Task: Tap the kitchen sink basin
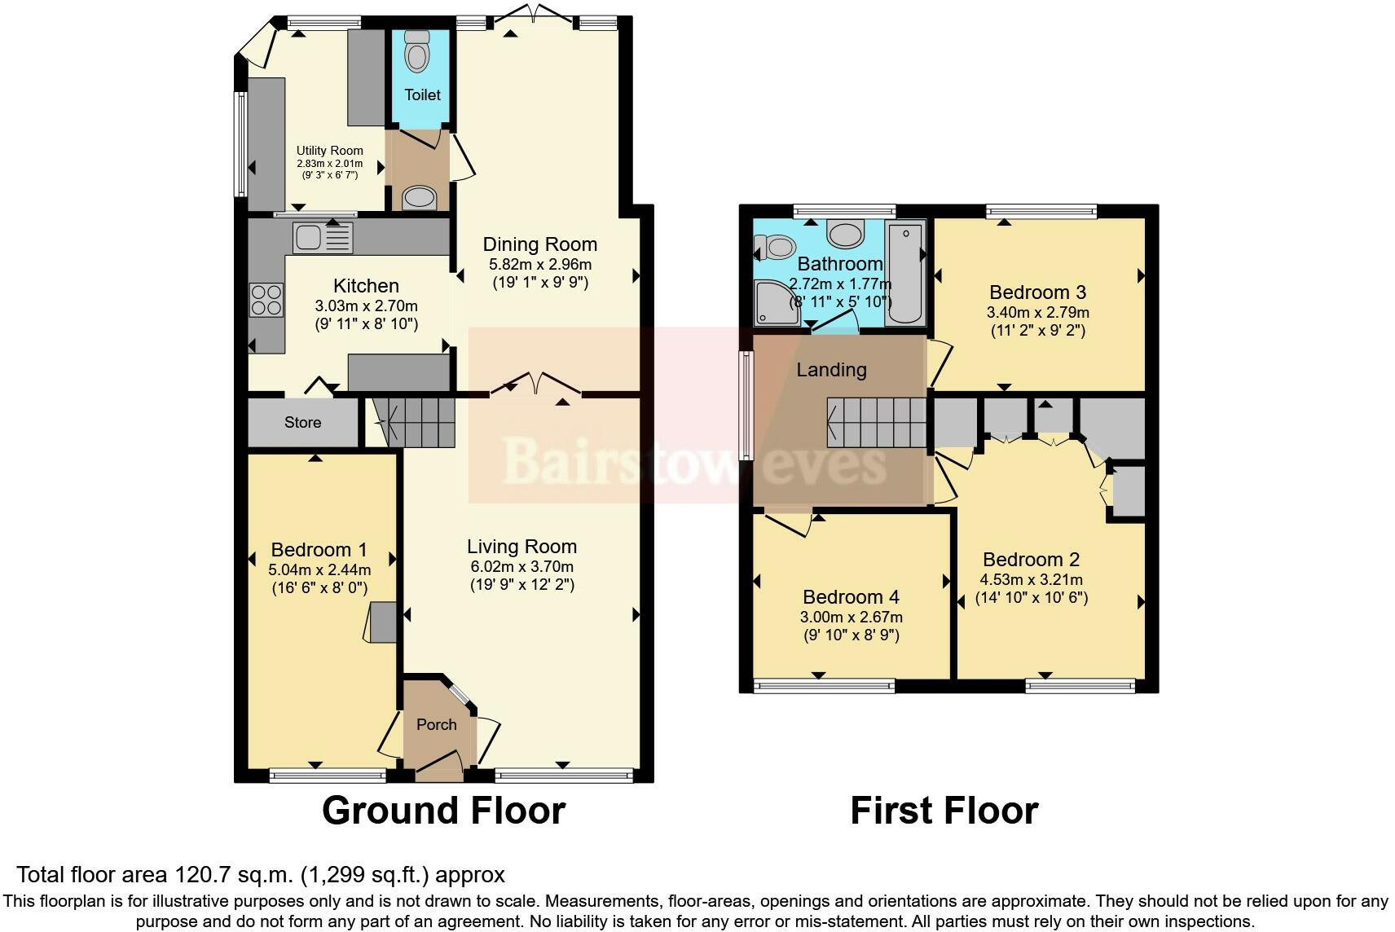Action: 310,237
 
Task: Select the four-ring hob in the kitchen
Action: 266,299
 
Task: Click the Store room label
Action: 302,422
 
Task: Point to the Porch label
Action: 437,724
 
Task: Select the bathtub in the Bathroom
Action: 904,274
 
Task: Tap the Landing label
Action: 831,370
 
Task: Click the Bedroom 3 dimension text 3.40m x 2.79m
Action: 1037,312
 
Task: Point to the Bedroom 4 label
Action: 851,597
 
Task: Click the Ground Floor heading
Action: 443,811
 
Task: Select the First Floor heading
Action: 944,811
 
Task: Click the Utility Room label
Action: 329,151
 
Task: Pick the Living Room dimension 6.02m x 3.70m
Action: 521,566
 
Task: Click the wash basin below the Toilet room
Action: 420,196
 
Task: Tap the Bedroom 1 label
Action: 319,550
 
